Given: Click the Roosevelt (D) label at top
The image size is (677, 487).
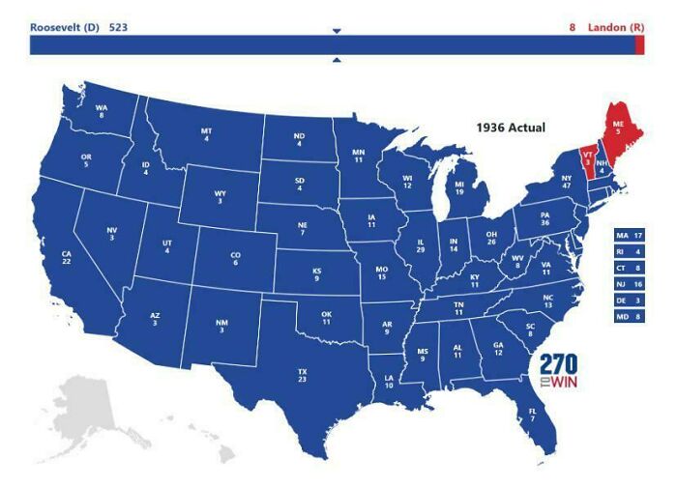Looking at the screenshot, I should click(x=63, y=27).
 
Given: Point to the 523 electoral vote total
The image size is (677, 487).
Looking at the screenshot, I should click(x=118, y=27).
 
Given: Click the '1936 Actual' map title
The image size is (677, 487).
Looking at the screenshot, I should click(x=510, y=128).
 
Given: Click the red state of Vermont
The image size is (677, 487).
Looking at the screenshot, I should click(x=587, y=160).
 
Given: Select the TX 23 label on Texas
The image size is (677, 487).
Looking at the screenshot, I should click(x=303, y=376).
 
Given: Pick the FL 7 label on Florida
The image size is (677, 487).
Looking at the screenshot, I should click(x=532, y=415).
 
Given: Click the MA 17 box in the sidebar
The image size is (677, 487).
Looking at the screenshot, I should click(x=628, y=236).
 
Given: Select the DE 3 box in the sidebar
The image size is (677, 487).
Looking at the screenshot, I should click(x=628, y=301).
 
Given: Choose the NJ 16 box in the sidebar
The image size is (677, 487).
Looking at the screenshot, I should click(x=628, y=284).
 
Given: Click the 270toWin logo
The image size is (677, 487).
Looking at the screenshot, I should click(x=558, y=372).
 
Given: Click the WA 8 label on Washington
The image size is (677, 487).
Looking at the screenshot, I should click(x=102, y=112).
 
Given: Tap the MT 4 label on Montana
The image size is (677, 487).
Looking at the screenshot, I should click(x=206, y=135).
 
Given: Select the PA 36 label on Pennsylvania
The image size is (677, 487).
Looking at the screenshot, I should click(x=545, y=219).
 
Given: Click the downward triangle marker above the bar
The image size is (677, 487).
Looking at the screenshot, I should click(x=337, y=31).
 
